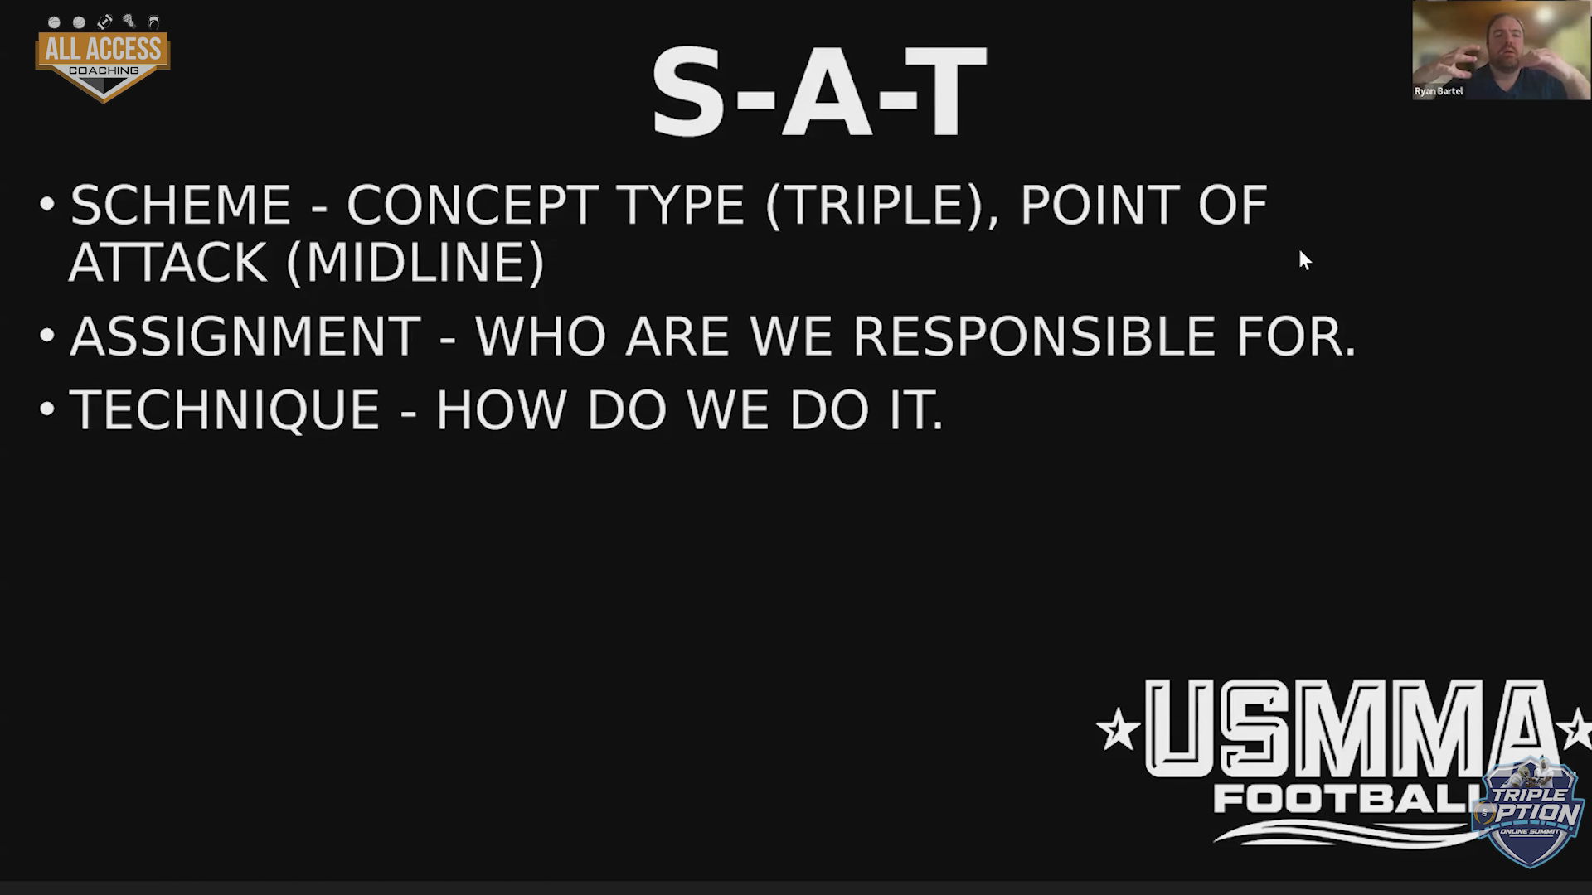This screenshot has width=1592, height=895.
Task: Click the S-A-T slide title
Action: tap(818, 93)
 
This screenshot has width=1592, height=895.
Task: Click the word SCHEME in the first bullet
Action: tap(181, 205)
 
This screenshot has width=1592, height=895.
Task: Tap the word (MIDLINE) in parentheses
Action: tap(415, 263)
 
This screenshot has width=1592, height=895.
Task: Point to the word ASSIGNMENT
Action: tap(245, 336)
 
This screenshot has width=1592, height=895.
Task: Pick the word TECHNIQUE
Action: tap(226, 411)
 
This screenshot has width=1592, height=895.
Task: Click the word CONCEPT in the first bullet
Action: tap(470, 205)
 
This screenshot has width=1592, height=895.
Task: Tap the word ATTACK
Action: tap(168, 263)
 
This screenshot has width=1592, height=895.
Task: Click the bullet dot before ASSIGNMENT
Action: tap(47, 336)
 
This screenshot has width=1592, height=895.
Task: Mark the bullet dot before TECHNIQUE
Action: tap(47, 409)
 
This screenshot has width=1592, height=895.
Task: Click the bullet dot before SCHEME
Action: tap(47, 203)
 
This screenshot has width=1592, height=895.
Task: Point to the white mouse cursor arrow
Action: tap(1304, 260)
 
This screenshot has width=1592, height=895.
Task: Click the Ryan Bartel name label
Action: tap(1439, 91)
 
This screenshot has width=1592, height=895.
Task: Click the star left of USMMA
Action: tap(1118, 729)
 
